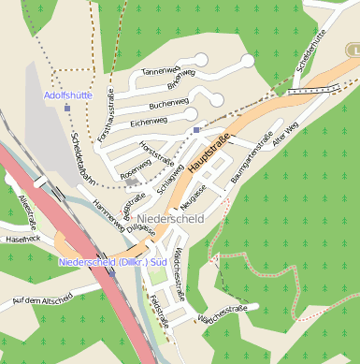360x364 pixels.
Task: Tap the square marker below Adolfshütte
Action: pyautogui.click(x=67, y=109)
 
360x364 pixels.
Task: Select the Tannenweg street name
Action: pyautogui.click(x=159, y=71)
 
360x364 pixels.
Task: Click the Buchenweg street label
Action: pyautogui.click(x=169, y=104)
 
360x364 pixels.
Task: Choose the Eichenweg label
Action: pyautogui.click(x=149, y=121)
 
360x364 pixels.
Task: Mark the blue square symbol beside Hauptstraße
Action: pyautogui.click(x=196, y=130)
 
